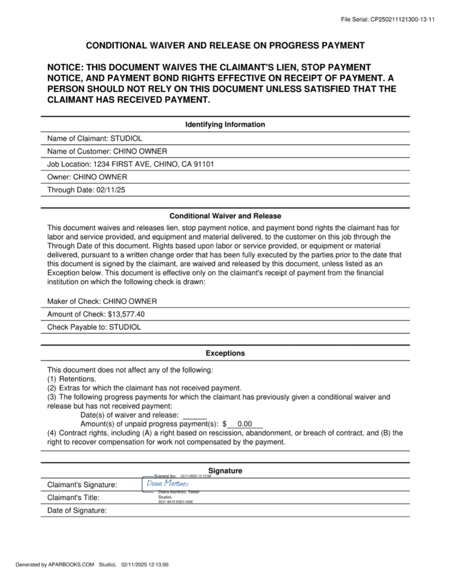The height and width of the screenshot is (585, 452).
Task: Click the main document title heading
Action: (225, 46)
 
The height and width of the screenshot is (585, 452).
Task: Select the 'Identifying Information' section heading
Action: (225, 125)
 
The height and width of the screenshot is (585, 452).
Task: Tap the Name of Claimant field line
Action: (94, 138)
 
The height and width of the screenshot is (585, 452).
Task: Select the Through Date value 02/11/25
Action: (111, 190)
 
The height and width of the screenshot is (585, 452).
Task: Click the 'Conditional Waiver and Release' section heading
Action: (225, 216)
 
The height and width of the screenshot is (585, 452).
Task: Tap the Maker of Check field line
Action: (102, 301)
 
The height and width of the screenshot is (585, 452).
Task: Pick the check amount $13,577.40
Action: (126, 314)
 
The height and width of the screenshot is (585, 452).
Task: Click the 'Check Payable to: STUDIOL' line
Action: (94, 327)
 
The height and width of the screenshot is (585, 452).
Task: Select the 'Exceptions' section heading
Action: (225, 353)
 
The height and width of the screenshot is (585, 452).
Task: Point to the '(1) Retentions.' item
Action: (71, 378)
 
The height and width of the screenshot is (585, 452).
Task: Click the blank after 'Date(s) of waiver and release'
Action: (195, 415)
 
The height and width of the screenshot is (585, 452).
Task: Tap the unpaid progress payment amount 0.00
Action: (245, 424)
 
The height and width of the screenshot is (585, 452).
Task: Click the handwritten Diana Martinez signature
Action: (164, 484)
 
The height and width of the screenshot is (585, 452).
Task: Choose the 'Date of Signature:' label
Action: (77, 511)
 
